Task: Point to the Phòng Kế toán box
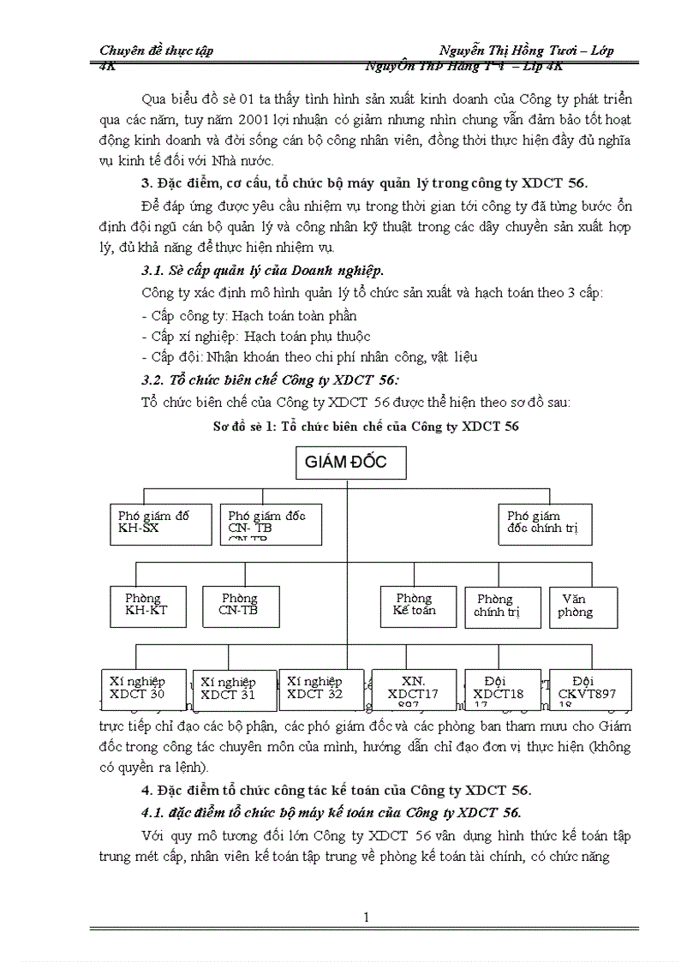point(414,604)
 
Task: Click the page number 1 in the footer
point(366,918)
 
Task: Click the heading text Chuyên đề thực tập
point(157,51)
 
